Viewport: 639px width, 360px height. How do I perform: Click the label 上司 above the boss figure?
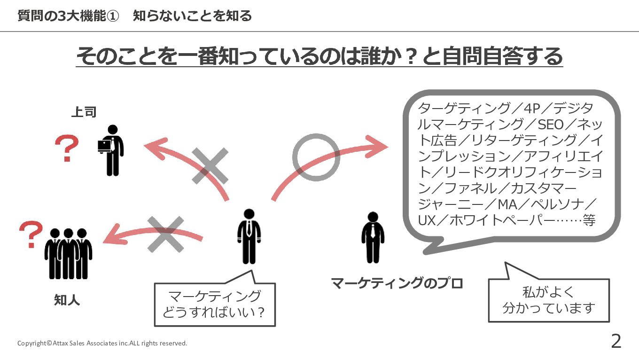[x=84, y=112]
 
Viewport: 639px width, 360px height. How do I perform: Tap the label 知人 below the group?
[x=67, y=300]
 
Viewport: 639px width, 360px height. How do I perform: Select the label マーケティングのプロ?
[x=397, y=283]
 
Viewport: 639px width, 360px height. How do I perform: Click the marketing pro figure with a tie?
[x=373, y=237]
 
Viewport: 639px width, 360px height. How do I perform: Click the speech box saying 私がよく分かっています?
[x=549, y=300]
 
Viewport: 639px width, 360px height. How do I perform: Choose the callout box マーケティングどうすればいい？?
[x=215, y=304]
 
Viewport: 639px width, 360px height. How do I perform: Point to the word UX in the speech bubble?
[x=427, y=220]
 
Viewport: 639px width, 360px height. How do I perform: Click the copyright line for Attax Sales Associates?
[x=102, y=343]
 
